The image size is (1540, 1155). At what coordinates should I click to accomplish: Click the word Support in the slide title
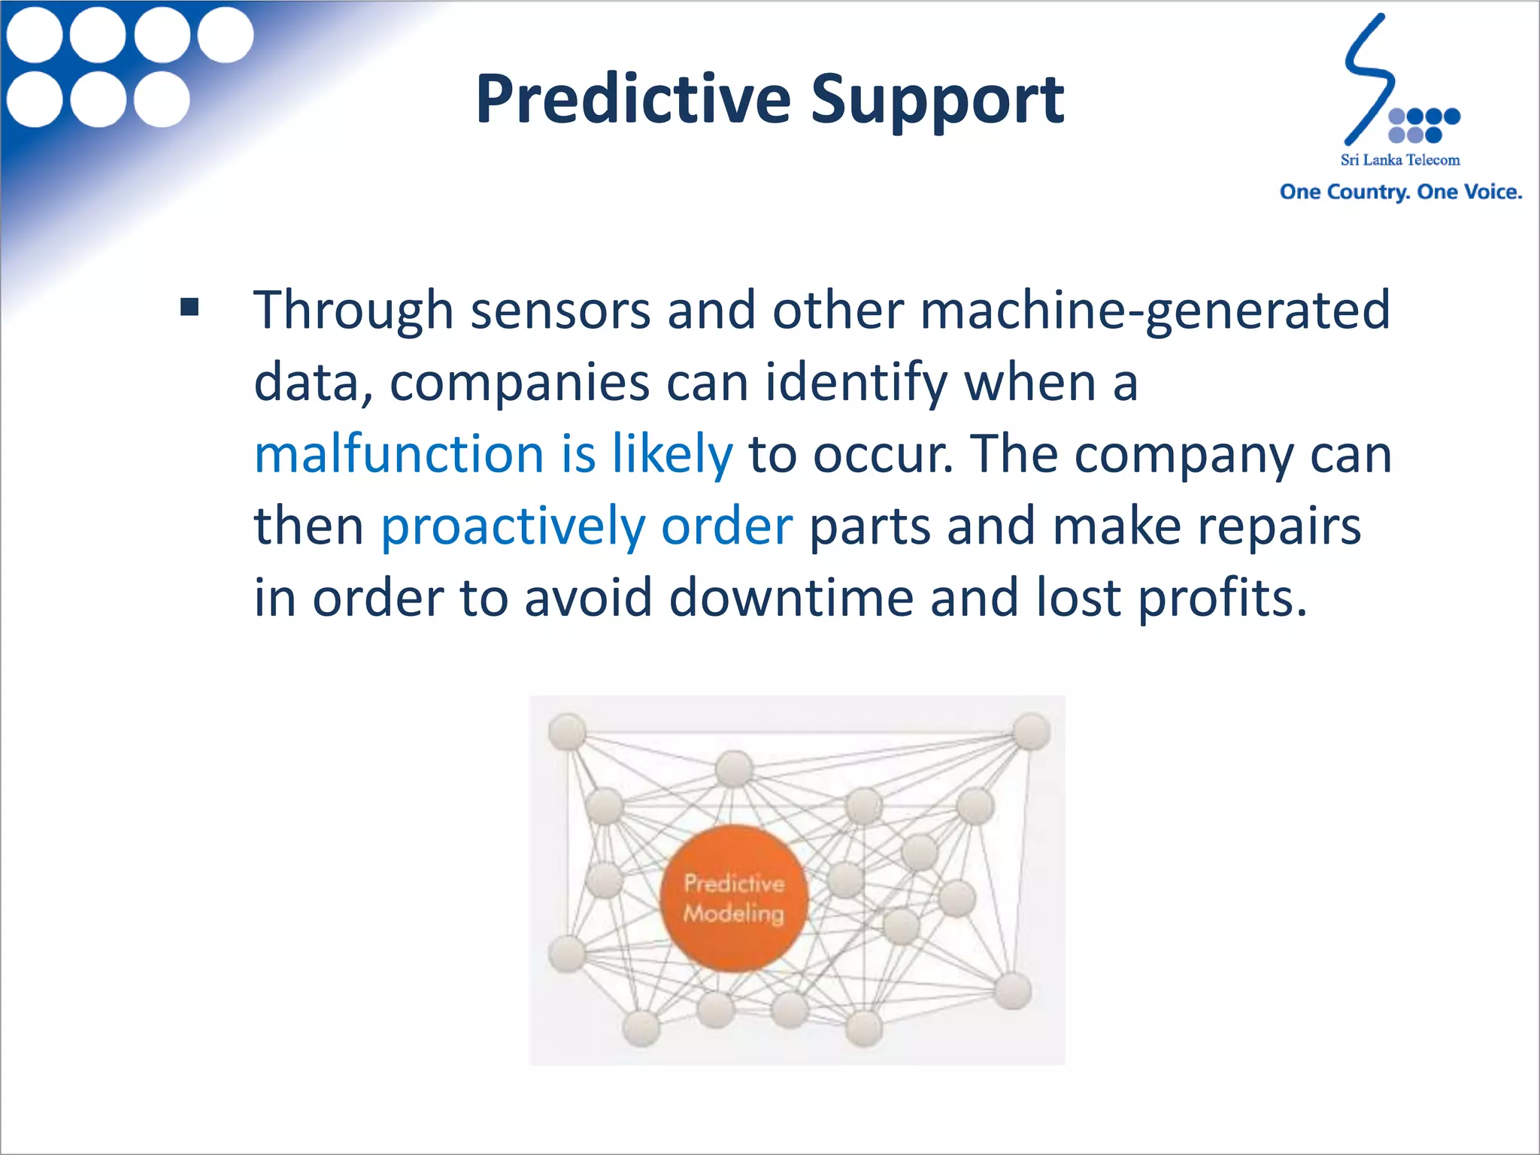(937, 102)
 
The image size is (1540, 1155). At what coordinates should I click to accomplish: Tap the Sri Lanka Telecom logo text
(1399, 160)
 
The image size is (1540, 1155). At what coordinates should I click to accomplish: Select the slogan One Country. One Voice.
(1400, 192)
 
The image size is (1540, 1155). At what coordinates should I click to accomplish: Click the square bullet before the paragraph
(189, 307)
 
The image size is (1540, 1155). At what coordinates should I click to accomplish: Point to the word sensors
(560, 310)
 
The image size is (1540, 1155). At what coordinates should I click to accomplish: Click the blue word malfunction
(399, 454)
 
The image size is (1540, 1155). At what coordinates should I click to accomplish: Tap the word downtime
(791, 598)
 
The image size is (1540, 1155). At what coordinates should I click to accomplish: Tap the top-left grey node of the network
(567, 731)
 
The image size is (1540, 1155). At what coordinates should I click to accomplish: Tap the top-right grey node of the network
(1031, 731)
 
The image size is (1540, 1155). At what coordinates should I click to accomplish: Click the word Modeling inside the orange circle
(733, 914)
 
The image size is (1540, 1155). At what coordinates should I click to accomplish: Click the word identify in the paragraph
(856, 383)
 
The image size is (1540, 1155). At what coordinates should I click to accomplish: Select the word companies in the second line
(519, 383)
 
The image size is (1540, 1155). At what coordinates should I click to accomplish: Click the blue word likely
(671, 454)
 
